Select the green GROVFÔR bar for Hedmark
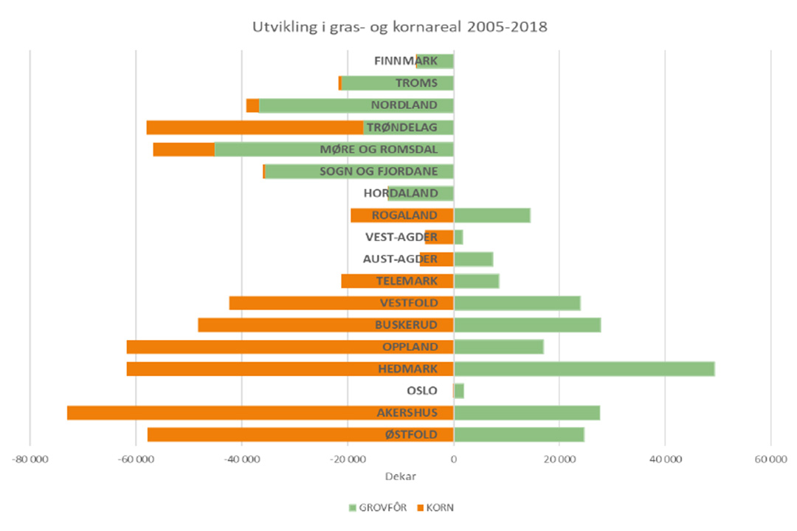point(584,369)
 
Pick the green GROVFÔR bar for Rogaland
point(491,215)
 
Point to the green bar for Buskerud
point(527,325)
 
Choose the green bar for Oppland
point(498,347)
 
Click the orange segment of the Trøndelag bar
point(255,128)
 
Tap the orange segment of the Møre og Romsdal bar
point(184,150)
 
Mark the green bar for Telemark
point(476,281)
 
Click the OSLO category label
point(422,391)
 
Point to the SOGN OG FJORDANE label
point(379,172)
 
